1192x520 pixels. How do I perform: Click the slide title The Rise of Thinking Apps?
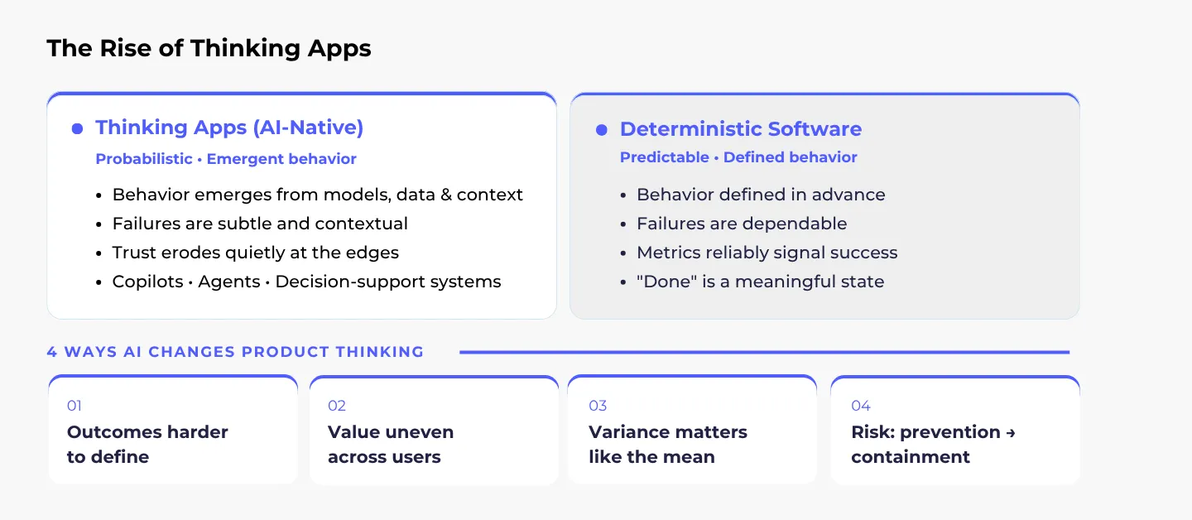(209, 48)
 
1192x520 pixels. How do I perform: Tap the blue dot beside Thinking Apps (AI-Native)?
(77, 128)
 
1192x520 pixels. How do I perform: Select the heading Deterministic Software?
(740, 129)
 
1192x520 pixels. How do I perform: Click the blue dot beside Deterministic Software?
(602, 130)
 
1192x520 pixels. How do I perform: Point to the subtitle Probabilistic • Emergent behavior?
(226, 159)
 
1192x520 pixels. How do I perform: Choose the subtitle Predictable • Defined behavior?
(738, 157)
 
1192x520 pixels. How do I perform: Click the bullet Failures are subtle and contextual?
(260, 224)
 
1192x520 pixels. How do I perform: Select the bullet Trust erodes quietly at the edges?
(255, 253)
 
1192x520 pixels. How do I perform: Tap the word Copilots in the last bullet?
(147, 282)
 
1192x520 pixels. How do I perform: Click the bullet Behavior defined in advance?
(760, 195)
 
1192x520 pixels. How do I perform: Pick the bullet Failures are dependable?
(741, 224)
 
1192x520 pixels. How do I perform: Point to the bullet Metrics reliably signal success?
(767, 253)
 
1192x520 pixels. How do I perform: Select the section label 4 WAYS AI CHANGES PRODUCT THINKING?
(235, 352)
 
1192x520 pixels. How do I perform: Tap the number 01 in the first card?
(74, 406)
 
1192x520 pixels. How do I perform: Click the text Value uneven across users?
(390, 444)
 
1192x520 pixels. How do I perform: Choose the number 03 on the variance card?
(598, 406)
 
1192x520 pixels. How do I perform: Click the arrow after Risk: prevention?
(1012, 432)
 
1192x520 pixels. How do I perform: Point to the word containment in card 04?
(910, 457)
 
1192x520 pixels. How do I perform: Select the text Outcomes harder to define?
(147, 444)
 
